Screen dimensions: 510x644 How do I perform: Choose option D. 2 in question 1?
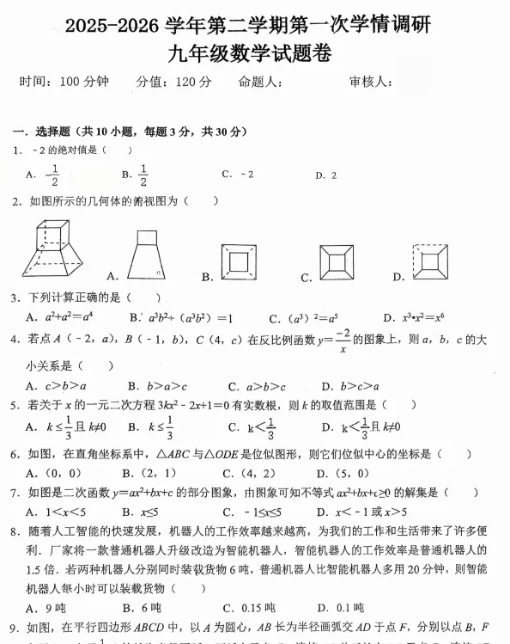click(x=325, y=175)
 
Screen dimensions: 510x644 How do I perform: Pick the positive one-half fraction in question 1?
click(x=143, y=175)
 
